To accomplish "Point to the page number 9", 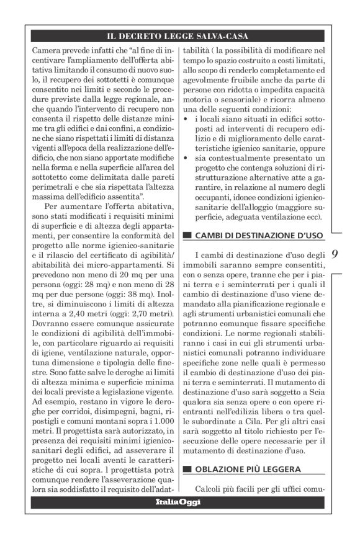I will tap(335, 254).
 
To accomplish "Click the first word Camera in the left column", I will tap(44, 48).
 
